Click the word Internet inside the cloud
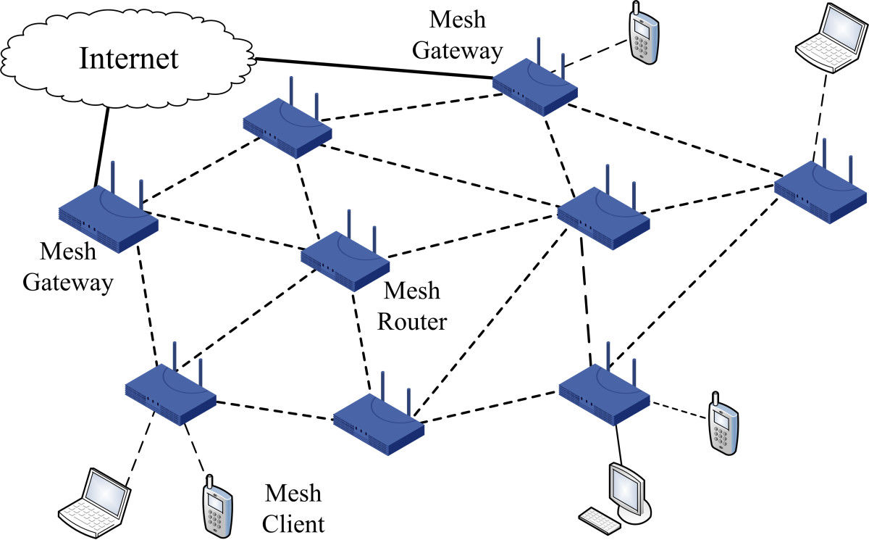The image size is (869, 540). click(129, 58)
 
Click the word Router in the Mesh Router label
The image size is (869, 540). click(412, 320)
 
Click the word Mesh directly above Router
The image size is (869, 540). click(411, 291)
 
